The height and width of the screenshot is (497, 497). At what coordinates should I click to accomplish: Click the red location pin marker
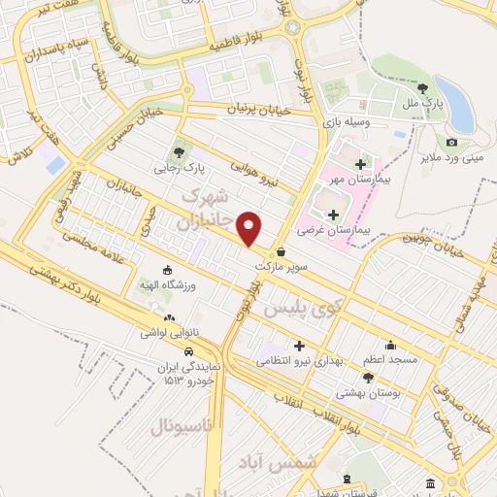(x=249, y=227)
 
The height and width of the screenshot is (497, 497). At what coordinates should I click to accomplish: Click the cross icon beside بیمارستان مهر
(x=361, y=164)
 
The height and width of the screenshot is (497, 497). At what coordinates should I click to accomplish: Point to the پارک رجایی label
(x=178, y=168)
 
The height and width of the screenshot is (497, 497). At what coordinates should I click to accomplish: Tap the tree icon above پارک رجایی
(x=178, y=150)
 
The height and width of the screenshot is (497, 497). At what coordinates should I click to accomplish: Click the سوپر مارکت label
(x=281, y=265)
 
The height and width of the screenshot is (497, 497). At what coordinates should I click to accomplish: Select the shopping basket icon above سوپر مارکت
(x=281, y=250)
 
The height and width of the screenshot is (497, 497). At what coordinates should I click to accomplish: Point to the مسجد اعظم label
(x=390, y=359)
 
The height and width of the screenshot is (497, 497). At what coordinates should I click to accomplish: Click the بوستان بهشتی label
(x=362, y=393)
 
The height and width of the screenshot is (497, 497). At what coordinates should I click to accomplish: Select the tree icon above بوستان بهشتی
(x=363, y=378)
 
